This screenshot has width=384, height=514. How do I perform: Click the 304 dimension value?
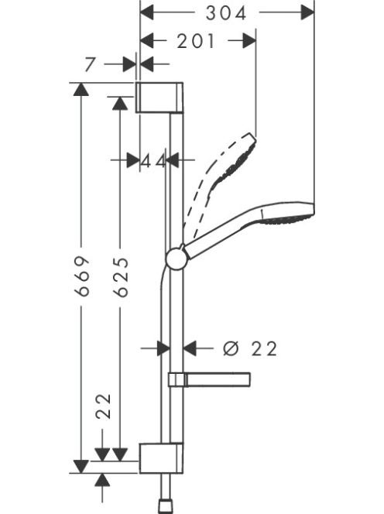click(x=225, y=14)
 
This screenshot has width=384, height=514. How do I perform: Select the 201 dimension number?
click(x=196, y=41)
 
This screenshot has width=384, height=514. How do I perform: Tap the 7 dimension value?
click(x=90, y=64)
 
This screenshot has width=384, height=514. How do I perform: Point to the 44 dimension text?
click(x=153, y=161)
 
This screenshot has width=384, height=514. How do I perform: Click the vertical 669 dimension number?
click(x=81, y=276)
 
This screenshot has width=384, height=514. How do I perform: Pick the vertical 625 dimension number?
click(x=120, y=277)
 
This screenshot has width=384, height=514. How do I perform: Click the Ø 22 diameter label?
click(x=250, y=348)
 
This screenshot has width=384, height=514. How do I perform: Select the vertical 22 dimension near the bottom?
click(x=103, y=406)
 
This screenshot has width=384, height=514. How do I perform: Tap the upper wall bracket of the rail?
click(x=159, y=98)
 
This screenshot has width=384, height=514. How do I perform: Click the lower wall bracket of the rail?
click(x=161, y=458)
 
